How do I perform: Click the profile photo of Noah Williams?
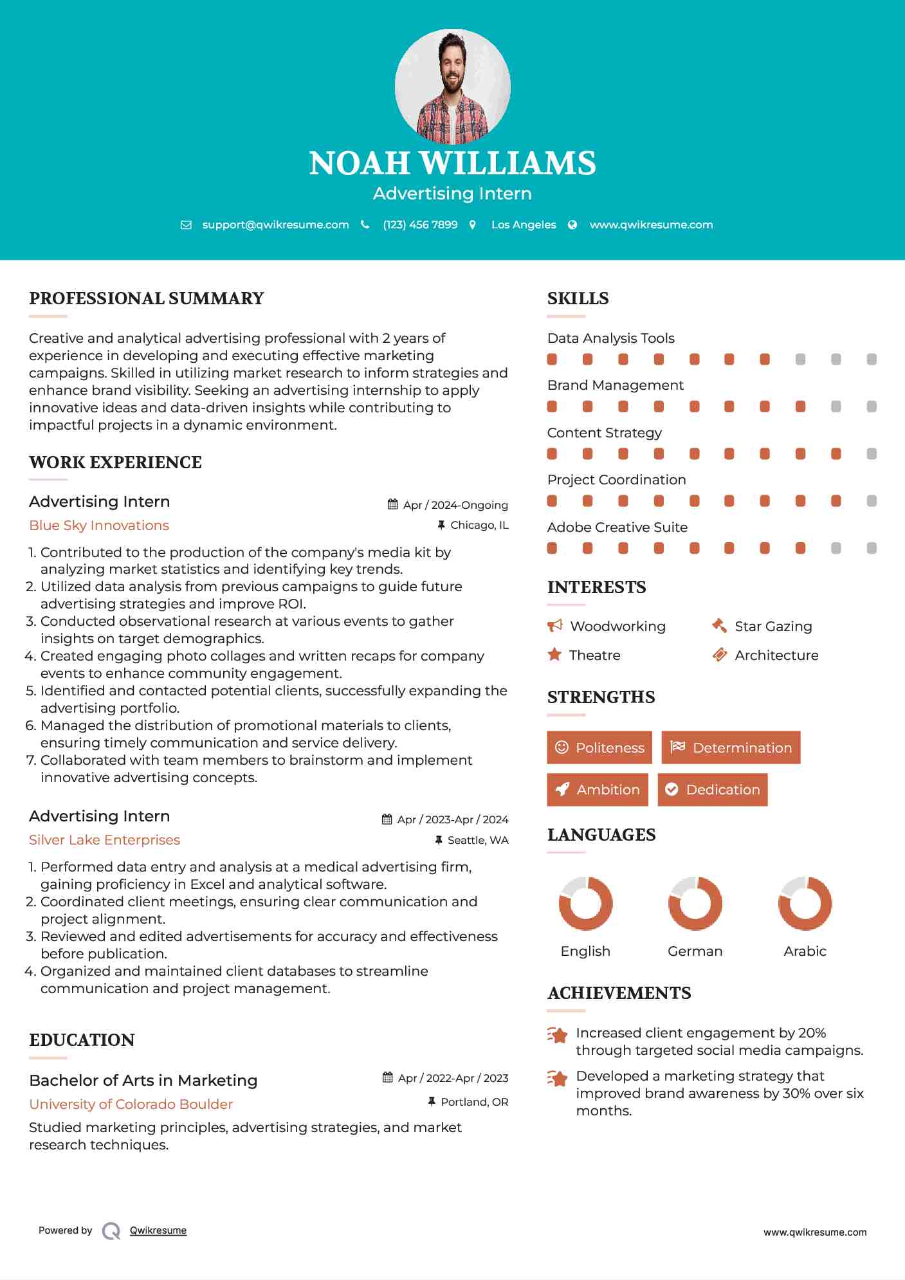click(x=452, y=86)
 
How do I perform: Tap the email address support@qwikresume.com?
click(x=275, y=224)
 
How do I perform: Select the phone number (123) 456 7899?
click(x=420, y=224)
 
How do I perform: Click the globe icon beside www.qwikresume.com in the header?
click(x=572, y=224)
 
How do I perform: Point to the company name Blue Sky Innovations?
click(x=99, y=526)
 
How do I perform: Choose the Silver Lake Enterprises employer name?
click(x=104, y=840)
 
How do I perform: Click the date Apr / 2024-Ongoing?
click(x=455, y=505)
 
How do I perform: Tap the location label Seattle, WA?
click(x=478, y=840)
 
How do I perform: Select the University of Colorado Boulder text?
click(x=131, y=1104)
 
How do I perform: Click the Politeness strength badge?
click(x=599, y=747)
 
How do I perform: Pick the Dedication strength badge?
click(x=713, y=789)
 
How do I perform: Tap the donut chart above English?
click(x=585, y=903)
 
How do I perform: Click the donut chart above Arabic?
click(x=805, y=903)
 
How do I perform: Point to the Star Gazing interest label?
click(x=773, y=626)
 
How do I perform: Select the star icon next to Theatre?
click(x=554, y=655)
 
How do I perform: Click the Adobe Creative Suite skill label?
click(x=617, y=527)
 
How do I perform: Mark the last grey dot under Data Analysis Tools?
click(x=872, y=360)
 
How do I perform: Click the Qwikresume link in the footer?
click(x=158, y=1230)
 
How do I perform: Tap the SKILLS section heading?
click(x=578, y=298)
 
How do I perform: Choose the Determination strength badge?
click(x=731, y=747)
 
